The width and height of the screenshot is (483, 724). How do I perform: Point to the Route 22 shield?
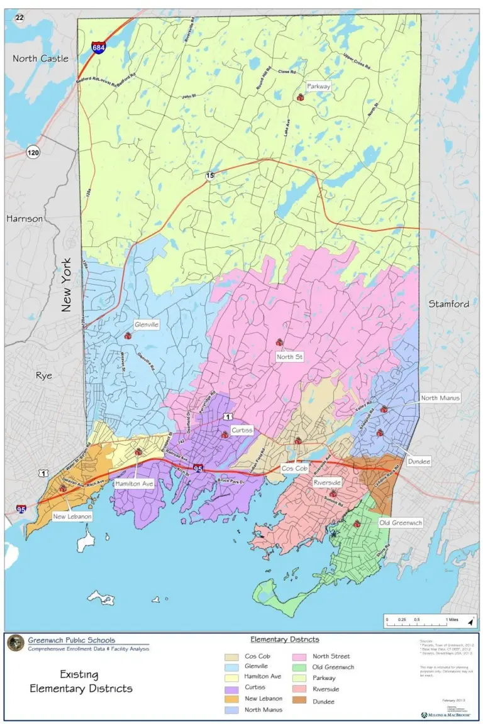click(19, 18)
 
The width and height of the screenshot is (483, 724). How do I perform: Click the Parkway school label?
click(318, 85)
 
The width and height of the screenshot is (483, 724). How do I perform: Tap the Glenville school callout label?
click(146, 325)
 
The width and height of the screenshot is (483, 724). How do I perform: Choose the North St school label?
click(290, 357)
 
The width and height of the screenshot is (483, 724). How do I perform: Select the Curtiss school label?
click(241, 431)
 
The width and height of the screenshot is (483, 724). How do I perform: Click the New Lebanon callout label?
click(72, 516)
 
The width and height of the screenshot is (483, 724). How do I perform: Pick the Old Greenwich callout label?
click(401, 522)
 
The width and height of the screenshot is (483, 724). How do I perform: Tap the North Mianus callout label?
click(440, 398)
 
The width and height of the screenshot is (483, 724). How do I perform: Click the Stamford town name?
click(448, 304)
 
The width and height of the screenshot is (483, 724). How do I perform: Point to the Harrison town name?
click(25, 219)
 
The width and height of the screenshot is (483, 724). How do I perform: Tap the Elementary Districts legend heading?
click(284, 639)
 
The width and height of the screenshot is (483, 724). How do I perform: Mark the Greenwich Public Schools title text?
click(71, 640)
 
